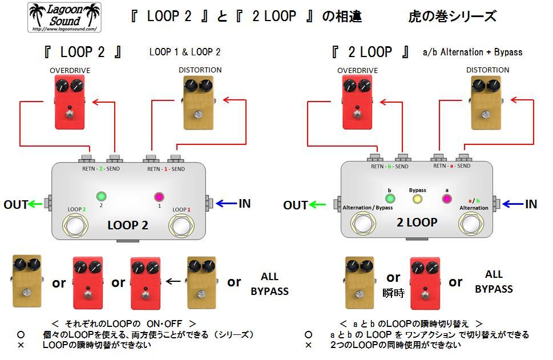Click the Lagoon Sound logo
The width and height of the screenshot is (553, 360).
(x=64, y=17)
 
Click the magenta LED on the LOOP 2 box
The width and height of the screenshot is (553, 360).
(x=159, y=197)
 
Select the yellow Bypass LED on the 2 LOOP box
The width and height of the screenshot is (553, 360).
(x=417, y=199)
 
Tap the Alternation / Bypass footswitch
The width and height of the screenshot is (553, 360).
(x=363, y=224)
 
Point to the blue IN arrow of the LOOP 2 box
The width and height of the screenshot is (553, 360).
(x=227, y=203)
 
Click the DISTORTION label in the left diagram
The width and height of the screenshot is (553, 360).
(x=200, y=70)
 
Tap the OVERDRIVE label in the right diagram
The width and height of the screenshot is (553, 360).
(x=357, y=70)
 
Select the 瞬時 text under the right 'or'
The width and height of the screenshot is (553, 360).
(x=393, y=293)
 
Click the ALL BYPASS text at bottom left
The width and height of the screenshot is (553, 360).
(x=269, y=284)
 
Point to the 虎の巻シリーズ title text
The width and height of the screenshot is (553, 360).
(x=452, y=16)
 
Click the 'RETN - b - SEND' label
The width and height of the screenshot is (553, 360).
(x=390, y=166)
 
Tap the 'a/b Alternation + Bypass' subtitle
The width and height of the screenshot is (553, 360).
(x=473, y=52)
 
